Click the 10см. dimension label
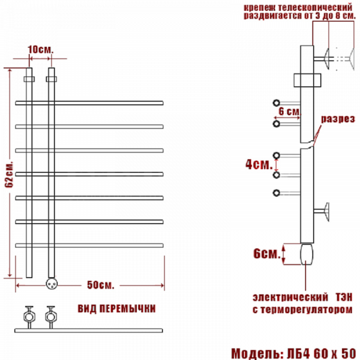(40, 49)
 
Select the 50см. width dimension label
(100, 285)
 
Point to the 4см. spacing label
(259, 164)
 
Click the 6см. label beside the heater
(267, 254)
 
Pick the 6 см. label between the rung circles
(289, 112)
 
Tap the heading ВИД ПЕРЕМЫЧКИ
(117, 309)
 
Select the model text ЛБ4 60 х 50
(321, 353)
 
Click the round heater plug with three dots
(52, 284)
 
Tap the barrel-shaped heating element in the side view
(307, 254)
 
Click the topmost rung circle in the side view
(276, 103)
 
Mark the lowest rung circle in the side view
(276, 193)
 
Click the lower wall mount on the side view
(322, 211)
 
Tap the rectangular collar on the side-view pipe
(307, 80)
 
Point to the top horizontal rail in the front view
(89, 103)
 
